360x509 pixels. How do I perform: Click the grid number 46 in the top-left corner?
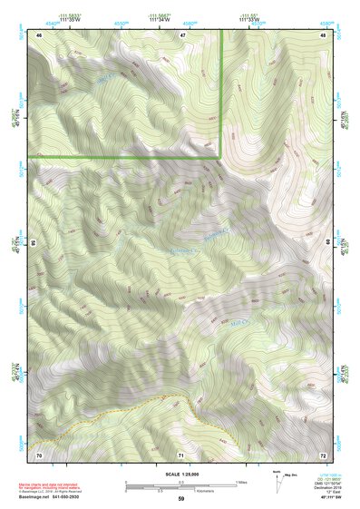(x=40, y=34)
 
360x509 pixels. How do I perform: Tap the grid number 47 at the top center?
(x=182, y=34)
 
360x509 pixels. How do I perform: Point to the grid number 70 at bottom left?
(x=40, y=454)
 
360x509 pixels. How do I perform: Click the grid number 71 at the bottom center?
(x=181, y=454)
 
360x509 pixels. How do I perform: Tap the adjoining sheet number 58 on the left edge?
(x=34, y=243)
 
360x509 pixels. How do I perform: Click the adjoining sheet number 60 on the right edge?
(x=328, y=243)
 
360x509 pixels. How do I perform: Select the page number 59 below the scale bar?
(x=181, y=498)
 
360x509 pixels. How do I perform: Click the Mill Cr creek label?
(x=238, y=320)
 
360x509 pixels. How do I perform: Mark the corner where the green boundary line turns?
(x=220, y=157)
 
